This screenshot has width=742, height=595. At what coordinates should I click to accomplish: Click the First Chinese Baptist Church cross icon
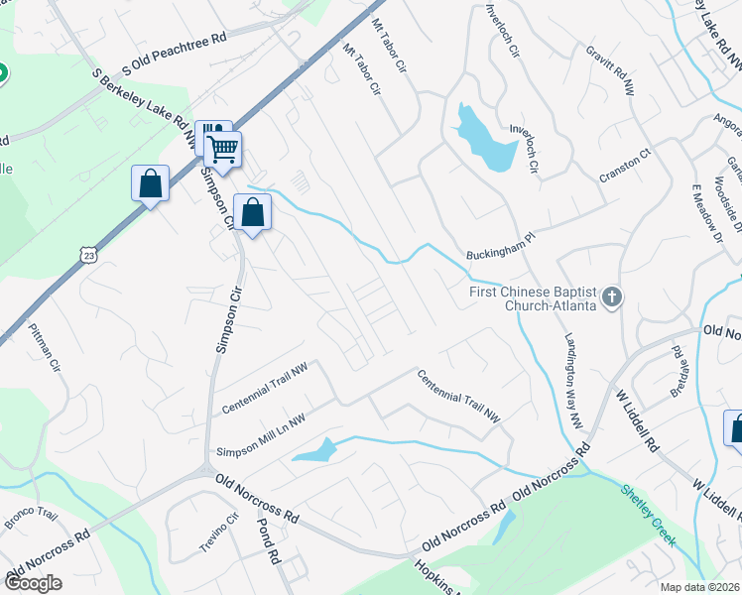(x=613, y=296)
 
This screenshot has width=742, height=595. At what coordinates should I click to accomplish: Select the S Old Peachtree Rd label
(x=175, y=55)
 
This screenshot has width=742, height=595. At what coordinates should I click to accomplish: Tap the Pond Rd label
(x=265, y=539)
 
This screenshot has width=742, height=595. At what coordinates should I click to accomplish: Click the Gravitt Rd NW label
(x=609, y=69)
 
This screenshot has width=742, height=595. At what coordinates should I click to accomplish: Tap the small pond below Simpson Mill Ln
(x=315, y=452)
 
